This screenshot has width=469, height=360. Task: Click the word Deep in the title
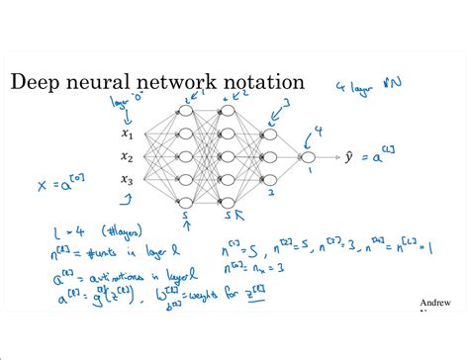(x=35, y=81)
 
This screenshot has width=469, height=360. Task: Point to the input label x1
(x=127, y=135)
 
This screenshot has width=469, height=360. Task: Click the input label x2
(x=127, y=156)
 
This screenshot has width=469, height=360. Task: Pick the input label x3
(x=127, y=179)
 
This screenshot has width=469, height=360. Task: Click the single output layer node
(x=308, y=156)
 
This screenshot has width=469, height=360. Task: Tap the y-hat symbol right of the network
(x=349, y=156)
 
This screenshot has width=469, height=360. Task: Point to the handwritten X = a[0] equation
(x=59, y=184)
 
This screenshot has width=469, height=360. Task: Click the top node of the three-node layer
(x=267, y=133)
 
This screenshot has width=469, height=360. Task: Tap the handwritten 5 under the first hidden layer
(x=184, y=215)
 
